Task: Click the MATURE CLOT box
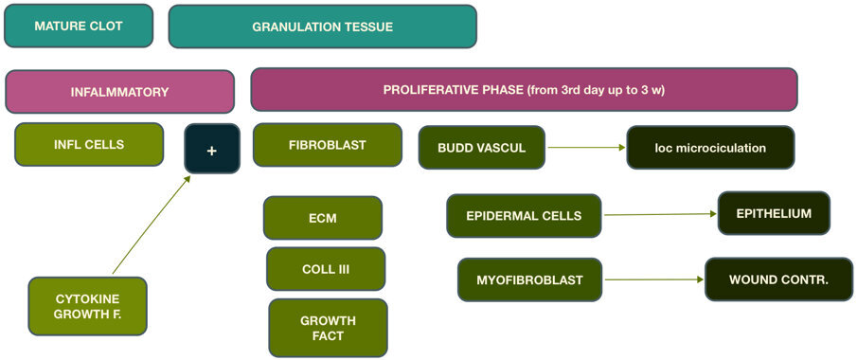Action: (79, 26)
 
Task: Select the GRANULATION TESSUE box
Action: (322, 27)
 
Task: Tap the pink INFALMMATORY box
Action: (119, 92)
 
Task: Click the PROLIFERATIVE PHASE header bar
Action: (524, 90)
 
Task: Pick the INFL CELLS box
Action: (89, 145)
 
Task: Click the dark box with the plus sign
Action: (212, 149)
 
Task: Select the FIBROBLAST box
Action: (328, 145)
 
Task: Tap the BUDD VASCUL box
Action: (482, 148)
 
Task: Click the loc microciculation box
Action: (710, 148)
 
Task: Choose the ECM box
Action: (323, 218)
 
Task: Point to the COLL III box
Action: (326, 269)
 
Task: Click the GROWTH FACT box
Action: (328, 328)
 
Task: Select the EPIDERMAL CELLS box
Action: (524, 216)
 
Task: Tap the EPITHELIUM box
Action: (774, 213)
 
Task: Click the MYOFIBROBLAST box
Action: (529, 279)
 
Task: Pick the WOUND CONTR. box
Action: (778, 279)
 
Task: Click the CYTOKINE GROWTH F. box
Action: (87, 306)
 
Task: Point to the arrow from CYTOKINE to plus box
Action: (152, 225)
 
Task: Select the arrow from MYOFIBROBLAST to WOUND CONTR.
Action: (653, 279)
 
